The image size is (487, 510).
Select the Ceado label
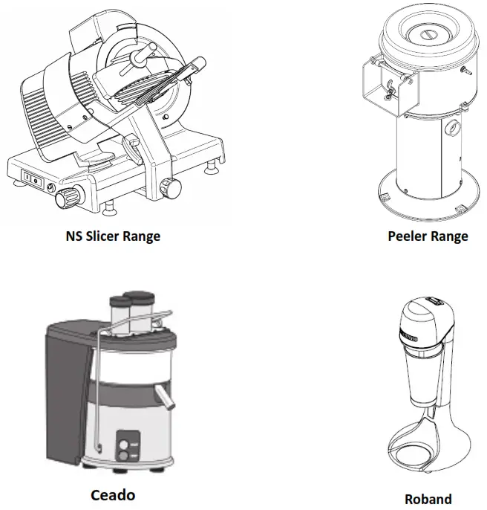click(113, 494)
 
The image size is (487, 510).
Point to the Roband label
click(428, 498)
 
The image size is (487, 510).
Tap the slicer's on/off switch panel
click(32, 178)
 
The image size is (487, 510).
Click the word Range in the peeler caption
click(450, 236)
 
